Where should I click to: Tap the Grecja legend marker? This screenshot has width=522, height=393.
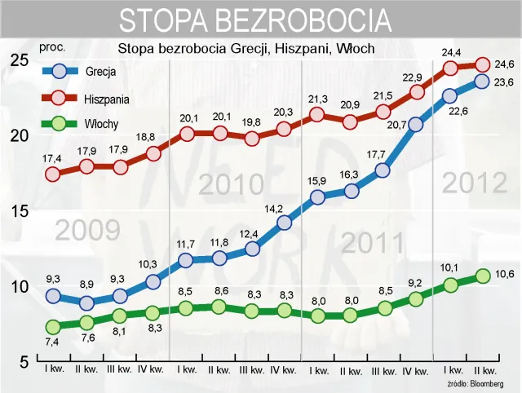click(58, 72)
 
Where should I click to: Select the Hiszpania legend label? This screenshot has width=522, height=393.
click(105, 99)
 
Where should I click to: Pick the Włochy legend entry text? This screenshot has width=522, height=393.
click(102, 125)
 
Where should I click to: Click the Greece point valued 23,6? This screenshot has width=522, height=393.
click(482, 81)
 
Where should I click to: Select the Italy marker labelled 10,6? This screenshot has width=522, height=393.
click(482, 276)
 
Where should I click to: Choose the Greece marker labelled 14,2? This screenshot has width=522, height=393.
click(284, 223)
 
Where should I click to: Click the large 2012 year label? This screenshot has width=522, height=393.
click(474, 183)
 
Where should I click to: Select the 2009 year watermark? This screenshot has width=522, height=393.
click(88, 231)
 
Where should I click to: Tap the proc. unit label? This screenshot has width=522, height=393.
click(51, 47)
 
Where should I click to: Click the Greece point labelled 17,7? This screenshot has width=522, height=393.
click(383, 171)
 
